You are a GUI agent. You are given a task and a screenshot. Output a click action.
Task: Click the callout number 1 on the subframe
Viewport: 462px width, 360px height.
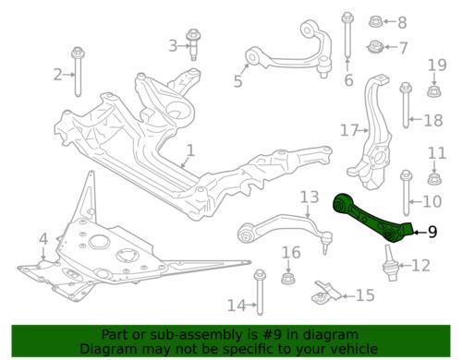189,150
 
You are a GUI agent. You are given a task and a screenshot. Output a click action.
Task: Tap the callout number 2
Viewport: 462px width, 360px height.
57,75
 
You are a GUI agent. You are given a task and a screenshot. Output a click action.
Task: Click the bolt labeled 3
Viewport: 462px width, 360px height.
193,43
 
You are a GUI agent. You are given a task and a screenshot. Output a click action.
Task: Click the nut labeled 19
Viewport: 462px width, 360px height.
432,90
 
